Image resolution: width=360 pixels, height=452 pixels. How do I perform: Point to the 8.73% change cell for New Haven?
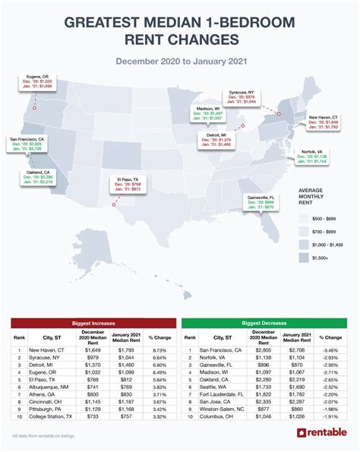point(159,349)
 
